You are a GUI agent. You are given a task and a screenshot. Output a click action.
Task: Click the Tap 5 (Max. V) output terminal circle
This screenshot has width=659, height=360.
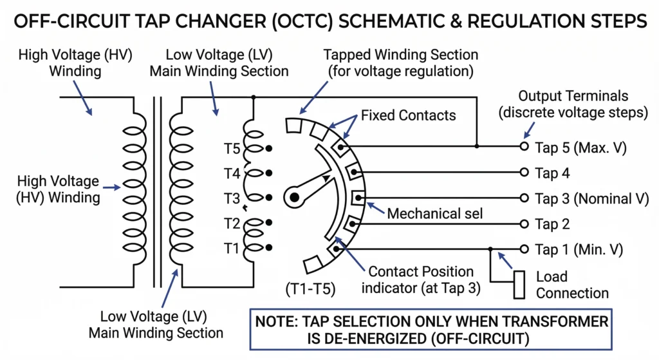(524, 147)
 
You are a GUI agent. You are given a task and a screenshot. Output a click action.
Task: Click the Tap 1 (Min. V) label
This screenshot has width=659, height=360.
(579, 249)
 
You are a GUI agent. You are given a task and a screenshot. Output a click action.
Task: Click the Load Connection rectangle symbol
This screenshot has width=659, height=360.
(519, 285)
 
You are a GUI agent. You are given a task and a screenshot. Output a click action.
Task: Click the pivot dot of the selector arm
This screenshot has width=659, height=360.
(294, 198)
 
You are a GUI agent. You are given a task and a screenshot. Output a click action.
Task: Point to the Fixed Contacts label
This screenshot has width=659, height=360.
(408, 115)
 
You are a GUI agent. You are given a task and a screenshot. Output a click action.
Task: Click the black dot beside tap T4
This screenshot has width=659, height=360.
(268, 173)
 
